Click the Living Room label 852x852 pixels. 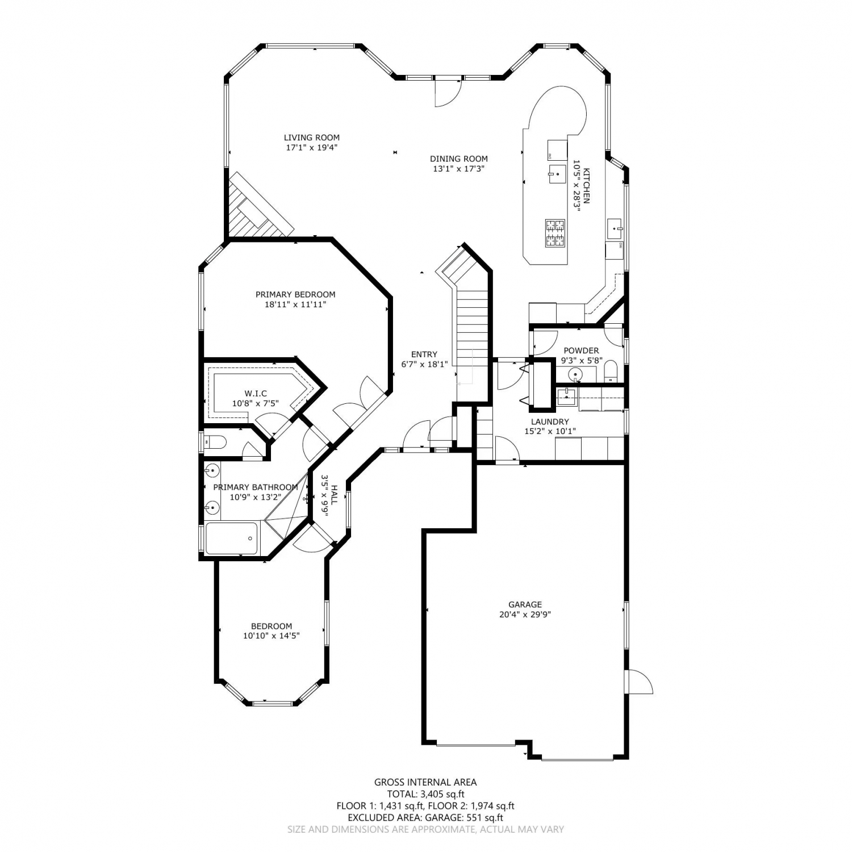point(312,137)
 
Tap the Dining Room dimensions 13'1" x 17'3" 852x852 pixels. point(458,169)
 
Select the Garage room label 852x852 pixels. point(525,604)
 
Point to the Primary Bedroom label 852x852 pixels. point(295,294)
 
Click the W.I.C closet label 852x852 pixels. point(256,394)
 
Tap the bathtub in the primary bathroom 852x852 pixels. point(232,538)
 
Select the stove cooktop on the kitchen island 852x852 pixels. point(556,233)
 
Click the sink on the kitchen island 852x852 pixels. point(557,173)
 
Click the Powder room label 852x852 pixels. point(581,350)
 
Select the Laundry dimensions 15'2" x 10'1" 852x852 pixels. point(550,431)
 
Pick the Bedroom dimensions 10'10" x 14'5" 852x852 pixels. point(272,636)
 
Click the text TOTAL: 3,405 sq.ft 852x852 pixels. point(425,794)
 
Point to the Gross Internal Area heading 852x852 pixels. point(425,782)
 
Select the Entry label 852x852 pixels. point(424,354)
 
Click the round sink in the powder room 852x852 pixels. point(575,374)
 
